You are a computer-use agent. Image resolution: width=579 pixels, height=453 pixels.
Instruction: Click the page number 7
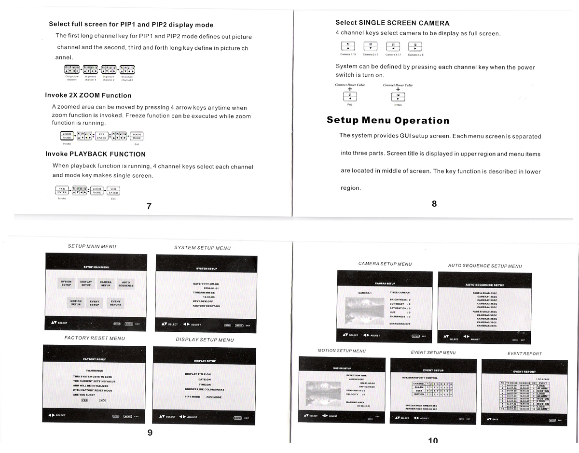click(149, 206)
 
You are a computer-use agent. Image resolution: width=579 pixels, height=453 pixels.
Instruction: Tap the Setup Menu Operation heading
click(388, 120)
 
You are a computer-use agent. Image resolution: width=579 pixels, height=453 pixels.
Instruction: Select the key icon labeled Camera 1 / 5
click(348, 47)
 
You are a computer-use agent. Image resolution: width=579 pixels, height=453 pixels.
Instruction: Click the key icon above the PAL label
click(350, 97)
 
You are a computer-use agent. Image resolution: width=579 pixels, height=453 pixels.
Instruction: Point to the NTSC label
click(398, 104)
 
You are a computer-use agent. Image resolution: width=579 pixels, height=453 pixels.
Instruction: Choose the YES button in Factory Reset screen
click(84, 400)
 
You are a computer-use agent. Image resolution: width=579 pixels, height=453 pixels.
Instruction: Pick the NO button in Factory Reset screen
click(102, 400)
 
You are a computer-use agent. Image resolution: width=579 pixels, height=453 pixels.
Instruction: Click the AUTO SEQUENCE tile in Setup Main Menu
click(126, 283)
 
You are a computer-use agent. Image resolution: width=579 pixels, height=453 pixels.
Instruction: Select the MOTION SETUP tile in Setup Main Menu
click(76, 303)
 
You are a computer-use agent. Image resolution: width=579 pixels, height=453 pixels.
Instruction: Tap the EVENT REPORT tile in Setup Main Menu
click(116, 303)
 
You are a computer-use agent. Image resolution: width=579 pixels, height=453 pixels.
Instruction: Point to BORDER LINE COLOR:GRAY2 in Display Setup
click(204, 389)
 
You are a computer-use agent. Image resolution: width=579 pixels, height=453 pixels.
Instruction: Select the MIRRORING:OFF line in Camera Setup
click(400, 324)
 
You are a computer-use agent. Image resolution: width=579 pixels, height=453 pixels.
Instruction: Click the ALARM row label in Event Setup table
click(419, 386)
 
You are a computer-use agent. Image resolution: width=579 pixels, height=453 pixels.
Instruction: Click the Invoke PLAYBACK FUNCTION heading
click(96, 154)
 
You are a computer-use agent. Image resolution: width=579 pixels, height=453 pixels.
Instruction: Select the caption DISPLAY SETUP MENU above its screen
click(205, 340)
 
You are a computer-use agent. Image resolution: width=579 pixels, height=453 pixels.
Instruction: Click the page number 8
click(434, 204)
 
